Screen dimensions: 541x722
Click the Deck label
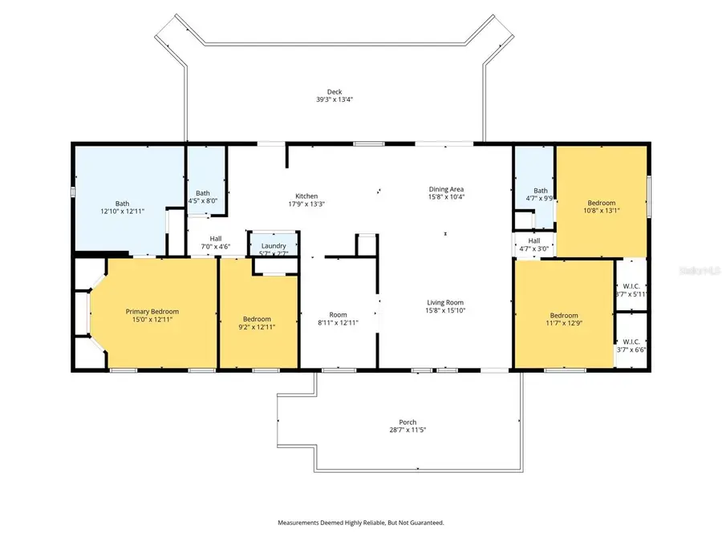(334, 91)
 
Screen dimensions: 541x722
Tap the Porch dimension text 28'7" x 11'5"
(408, 430)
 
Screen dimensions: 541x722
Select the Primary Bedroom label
(152, 311)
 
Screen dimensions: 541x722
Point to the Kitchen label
(306, 196)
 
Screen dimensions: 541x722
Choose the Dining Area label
(447, 188)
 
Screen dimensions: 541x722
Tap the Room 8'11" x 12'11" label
(338, 314)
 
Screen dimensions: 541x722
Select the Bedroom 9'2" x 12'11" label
(257, 318)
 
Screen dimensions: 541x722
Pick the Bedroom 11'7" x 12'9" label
(564, 315)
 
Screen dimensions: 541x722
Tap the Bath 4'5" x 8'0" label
(203, 193)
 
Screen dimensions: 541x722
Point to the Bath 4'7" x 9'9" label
(533, 190)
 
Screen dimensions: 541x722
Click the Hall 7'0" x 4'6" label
(215, 238)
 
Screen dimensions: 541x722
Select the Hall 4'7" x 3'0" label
(533, 240)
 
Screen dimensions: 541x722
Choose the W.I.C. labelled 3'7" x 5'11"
(630, 286)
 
